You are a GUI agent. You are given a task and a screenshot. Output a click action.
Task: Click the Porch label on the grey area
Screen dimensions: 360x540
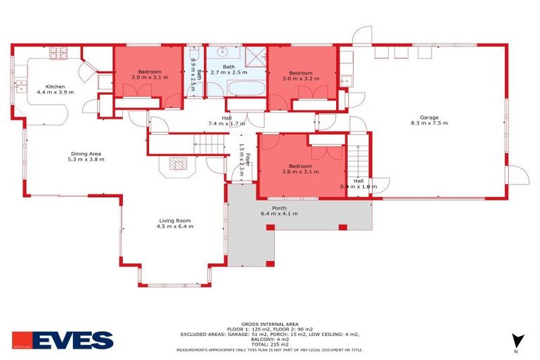click(279, 210)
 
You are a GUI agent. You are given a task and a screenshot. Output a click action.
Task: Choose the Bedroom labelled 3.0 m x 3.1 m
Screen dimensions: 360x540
click(149, 75)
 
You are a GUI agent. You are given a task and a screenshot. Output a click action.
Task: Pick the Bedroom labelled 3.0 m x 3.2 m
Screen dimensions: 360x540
click(301, 76)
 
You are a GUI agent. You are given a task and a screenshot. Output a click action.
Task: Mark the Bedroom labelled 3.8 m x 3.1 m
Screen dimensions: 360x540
click(297, 169)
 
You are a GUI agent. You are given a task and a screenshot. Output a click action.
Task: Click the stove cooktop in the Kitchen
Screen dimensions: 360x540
click(57, 51)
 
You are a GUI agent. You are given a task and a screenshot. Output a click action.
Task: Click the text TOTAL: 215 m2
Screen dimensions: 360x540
click(270, 345)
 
